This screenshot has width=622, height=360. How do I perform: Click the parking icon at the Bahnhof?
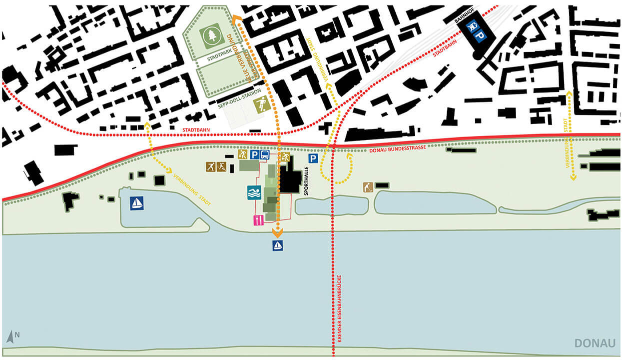[480, 35]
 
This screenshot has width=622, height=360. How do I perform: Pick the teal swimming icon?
[254, 192]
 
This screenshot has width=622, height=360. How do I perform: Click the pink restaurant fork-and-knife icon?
[258, 220]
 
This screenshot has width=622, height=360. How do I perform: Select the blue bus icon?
[265, 155]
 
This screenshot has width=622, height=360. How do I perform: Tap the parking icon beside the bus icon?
[254, 155]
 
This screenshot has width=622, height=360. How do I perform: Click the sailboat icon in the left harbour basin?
[136, 203]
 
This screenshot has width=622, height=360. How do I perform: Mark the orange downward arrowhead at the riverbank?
[277, 232]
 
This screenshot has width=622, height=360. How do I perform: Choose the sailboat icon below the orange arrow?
[278, 245]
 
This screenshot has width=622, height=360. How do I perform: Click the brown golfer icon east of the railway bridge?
[368, 187]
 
